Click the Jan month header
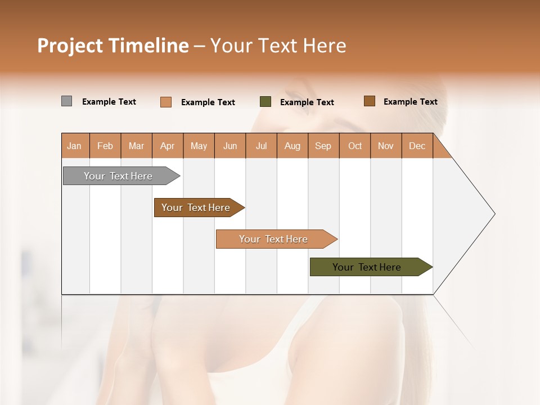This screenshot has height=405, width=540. pos(74,146)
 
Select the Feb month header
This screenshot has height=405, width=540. pos(105,146)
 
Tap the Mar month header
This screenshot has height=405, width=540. pos(136,146)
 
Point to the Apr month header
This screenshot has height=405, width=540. pos(168,146)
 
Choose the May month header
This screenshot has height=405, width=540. pos(199,146)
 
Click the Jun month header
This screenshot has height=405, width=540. pos(230,146)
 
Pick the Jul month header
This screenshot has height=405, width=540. pos(261,146)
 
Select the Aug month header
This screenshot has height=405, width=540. pos(292,146)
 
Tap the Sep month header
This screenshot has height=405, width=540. pos(323,146)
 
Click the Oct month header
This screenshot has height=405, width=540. pos(355,146)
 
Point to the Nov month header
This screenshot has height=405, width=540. pos(386,146)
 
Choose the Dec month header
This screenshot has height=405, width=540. pos(417,146)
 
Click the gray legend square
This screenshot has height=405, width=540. pos(67,101)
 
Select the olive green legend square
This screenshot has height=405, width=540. pos(265,102)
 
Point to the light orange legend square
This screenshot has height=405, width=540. pos(166,102)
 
